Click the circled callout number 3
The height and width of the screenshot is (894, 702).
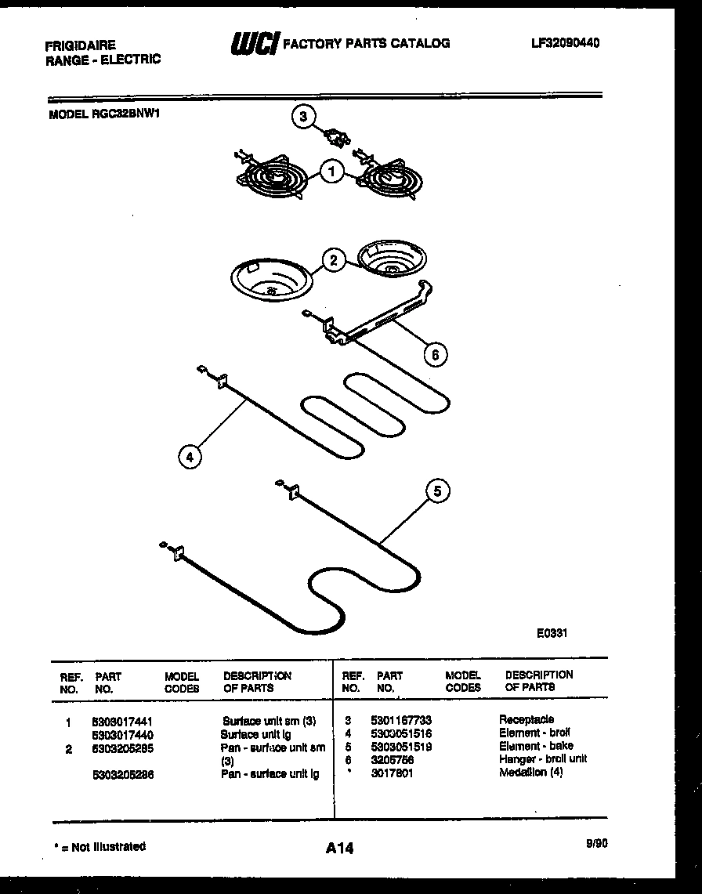pyautogui.click(x=302, y=118)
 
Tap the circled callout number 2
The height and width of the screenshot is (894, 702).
pyautogui.click(x=334, y=261)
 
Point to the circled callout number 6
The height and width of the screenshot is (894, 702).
pyautogui.click(x=435, y=354)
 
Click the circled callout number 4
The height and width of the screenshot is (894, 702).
pyautogui.click(x=190, y=455)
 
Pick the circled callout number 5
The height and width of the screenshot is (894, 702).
pyautogui.click(x=438, y=491)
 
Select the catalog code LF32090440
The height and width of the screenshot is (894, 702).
pyautogui.click(x=565, y=43)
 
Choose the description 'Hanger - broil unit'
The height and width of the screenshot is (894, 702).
pyautogui.click(x=542, y=758)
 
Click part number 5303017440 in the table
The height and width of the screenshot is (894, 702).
pyautogui.click(x=121, y=735)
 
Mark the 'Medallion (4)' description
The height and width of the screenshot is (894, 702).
pyautogui.click(x=530, y=773)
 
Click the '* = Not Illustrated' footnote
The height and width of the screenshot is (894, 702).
pyautogui.click(x=99, y=846)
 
